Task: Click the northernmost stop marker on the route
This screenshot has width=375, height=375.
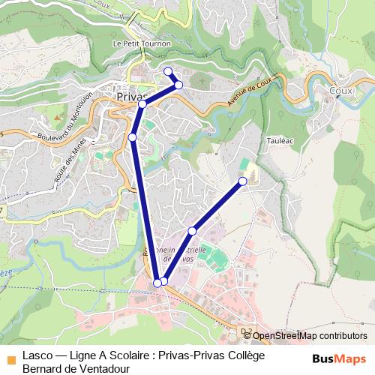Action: pyautogui.click(x=168, y=71)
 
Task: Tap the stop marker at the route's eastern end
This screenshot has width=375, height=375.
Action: pyautogui.click(x=243, y=181)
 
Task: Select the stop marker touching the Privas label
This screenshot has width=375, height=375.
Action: pyautogui.click(x=142, y=104)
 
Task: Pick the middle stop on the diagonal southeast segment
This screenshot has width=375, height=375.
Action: pyautogui.click(x=193, y=230)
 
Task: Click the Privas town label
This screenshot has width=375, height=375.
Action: pyautogui.click(x=131, y=96)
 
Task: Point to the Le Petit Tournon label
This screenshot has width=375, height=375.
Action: pyautogui.click(x=142, y=44)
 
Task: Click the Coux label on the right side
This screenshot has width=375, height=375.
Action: pyautogui.click(x=340, y=90)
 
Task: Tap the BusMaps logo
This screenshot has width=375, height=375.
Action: pyautogui.click(x=338, y=358)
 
